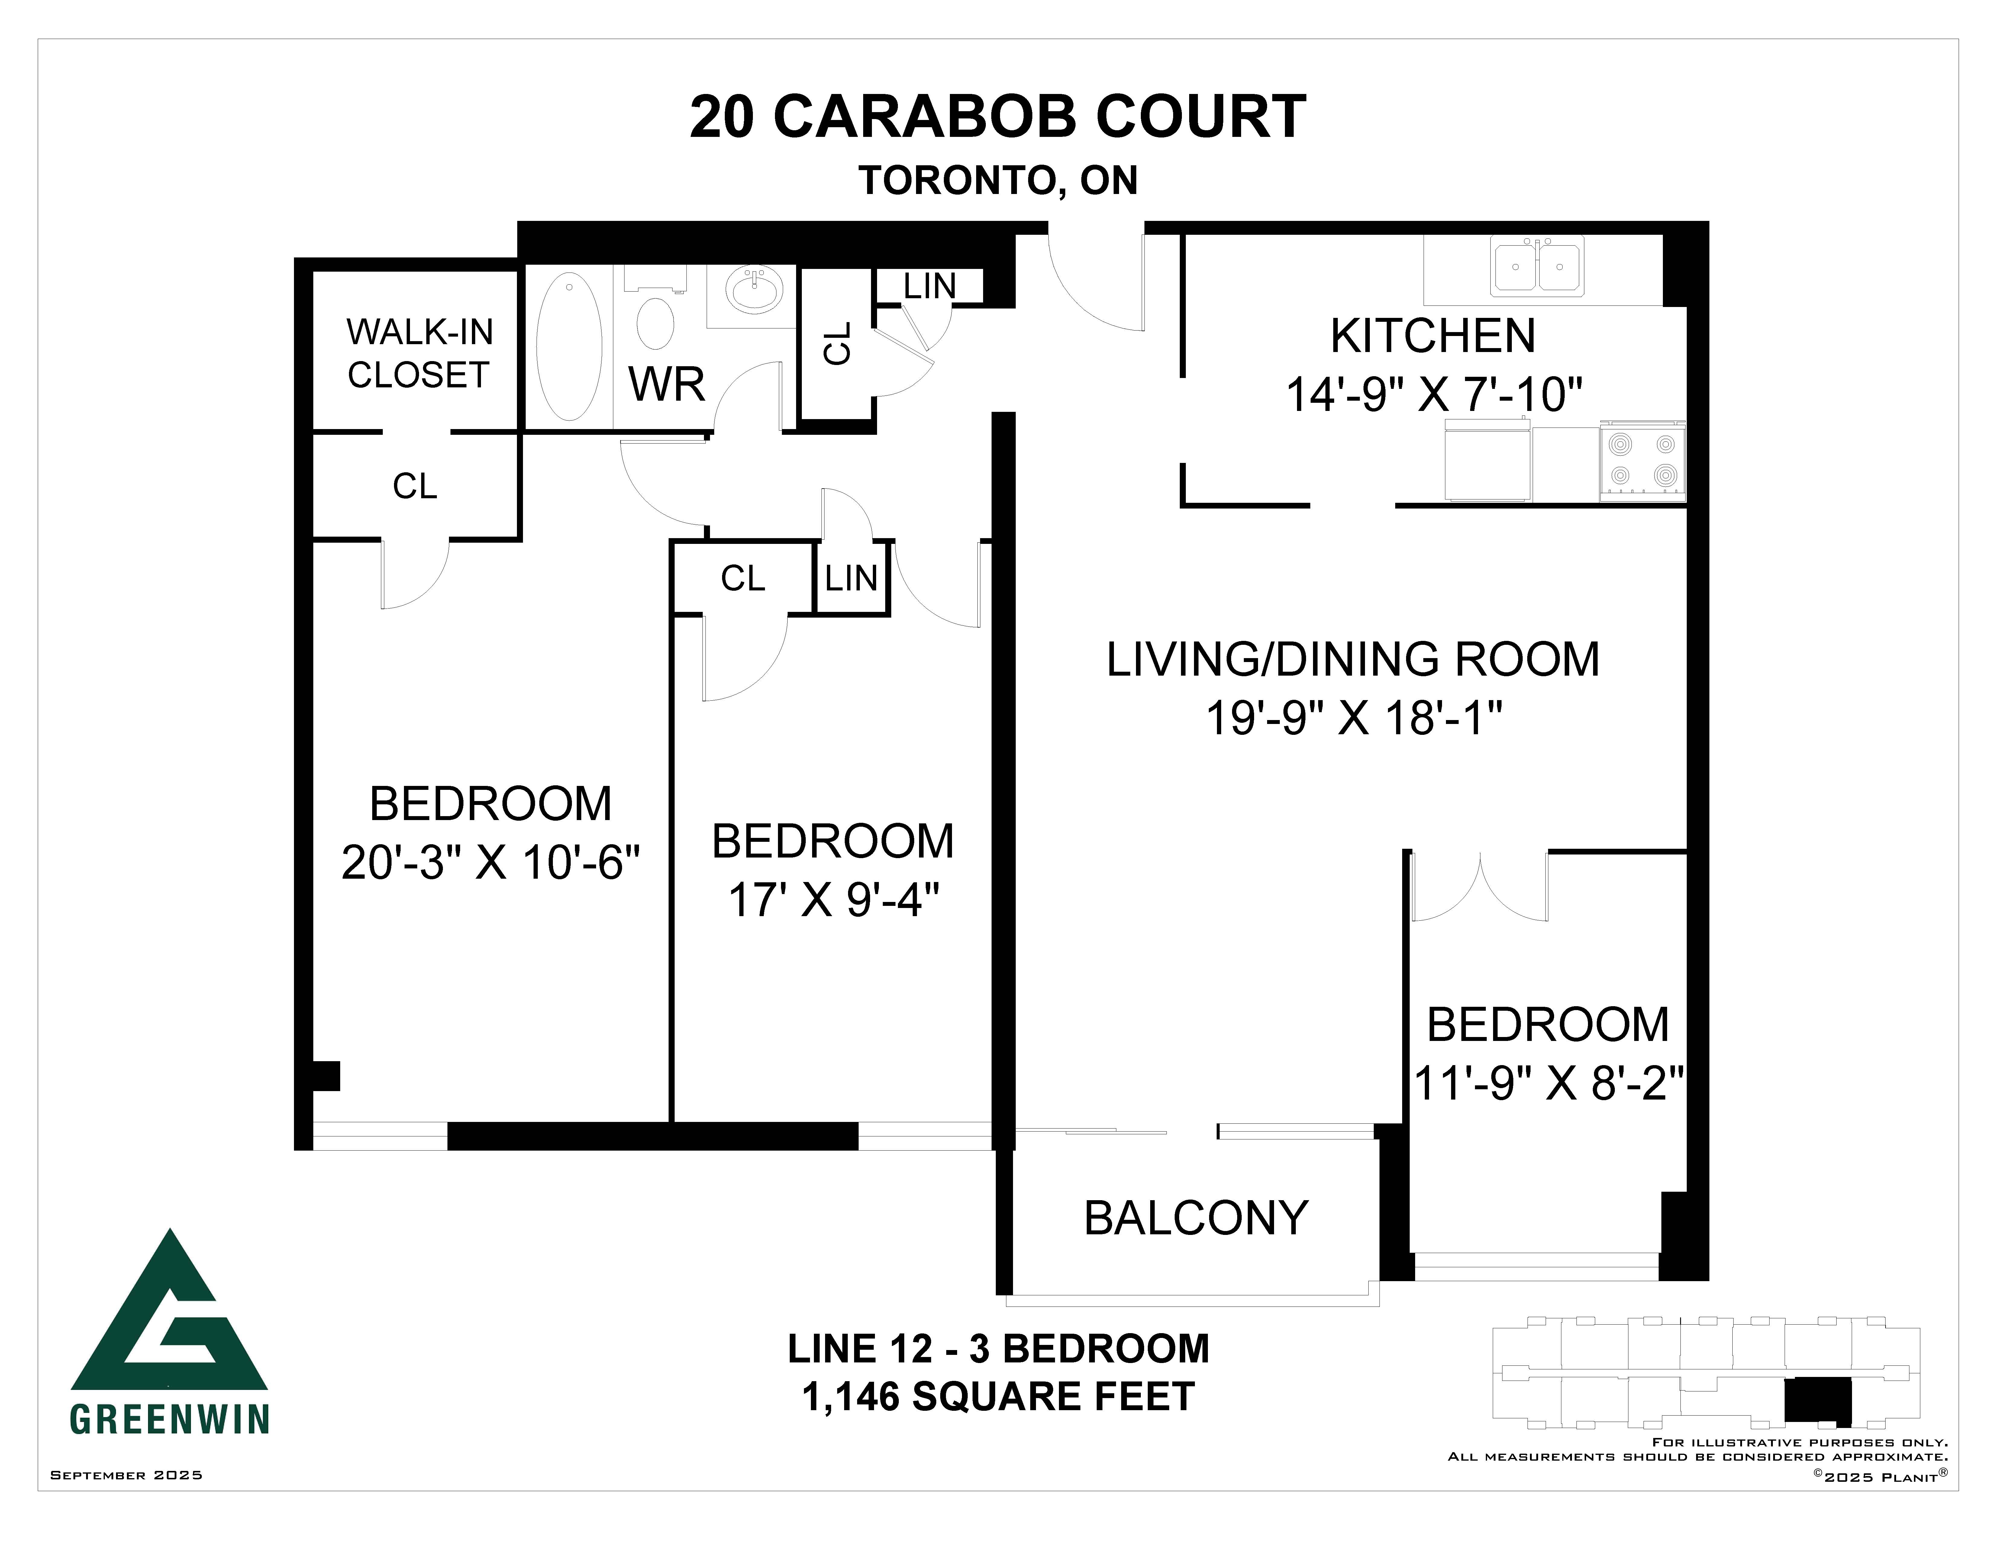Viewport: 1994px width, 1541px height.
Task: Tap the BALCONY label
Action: [1196, 1218]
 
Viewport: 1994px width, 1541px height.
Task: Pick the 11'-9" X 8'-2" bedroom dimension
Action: [1548, 1084]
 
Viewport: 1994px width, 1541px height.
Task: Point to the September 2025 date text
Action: [126, 1474]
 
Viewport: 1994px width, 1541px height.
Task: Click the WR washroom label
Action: [666, 384]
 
